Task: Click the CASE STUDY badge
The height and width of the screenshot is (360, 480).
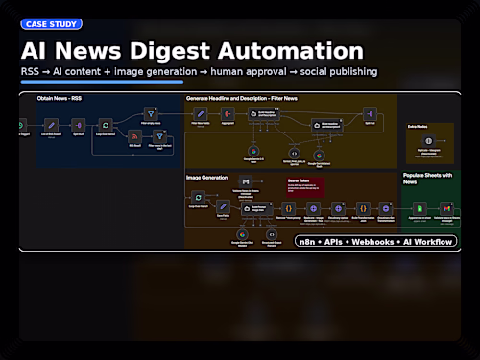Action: (51, 24)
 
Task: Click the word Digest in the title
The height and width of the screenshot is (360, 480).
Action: (186, 51)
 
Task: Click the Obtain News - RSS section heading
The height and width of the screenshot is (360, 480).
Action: (60, 98)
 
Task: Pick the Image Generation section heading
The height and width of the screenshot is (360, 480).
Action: (207, 178)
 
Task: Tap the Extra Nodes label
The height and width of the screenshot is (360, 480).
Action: (418, 126)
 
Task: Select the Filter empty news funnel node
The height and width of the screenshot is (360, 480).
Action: (149, 113)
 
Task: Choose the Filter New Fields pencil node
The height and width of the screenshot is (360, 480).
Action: (201, 114)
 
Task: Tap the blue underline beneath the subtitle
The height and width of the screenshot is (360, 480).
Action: (101, 83)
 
